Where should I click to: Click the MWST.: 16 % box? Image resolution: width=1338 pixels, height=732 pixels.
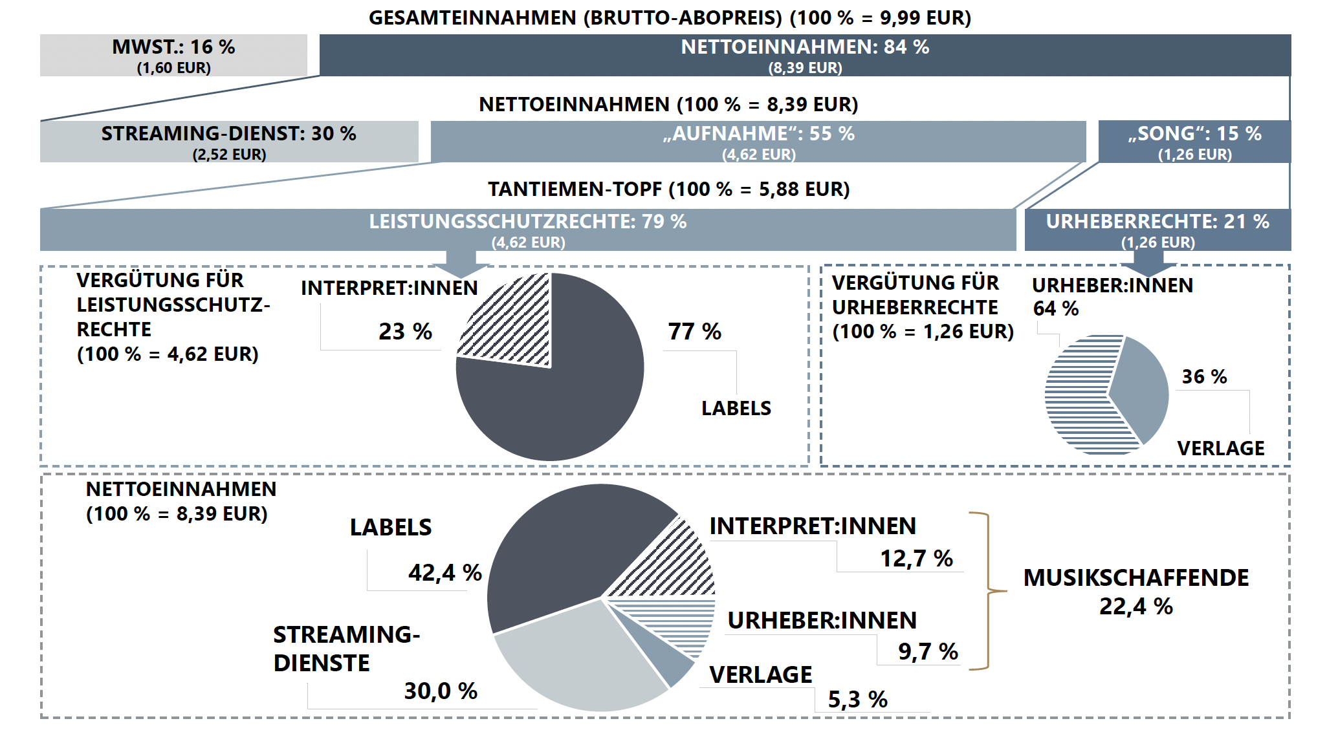(173, 56)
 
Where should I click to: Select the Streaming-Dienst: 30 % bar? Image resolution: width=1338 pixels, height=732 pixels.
(228, 142)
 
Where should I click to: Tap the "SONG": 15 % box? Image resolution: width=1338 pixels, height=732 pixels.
(1194, 142)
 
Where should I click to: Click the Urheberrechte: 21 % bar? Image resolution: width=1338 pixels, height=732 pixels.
(1157, 230)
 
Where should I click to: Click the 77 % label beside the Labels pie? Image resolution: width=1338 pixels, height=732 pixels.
(694, 332)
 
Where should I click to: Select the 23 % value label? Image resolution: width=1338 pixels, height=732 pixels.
(405, 332)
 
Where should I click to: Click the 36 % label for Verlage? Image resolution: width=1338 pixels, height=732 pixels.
(1204, 376)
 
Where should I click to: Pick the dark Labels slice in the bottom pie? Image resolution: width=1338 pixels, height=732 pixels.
(563, 550)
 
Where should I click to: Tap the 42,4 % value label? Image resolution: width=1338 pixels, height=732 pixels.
(444, 572)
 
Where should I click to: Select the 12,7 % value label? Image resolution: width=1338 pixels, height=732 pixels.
(916, 558)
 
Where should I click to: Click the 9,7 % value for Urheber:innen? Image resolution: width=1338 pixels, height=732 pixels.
(928, 651)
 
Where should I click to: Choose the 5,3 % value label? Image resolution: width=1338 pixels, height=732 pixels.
(857, 699)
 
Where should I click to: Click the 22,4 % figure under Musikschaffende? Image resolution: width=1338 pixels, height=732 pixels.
(1135, 606)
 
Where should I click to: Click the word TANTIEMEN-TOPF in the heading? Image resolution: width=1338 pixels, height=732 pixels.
(575, 189)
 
